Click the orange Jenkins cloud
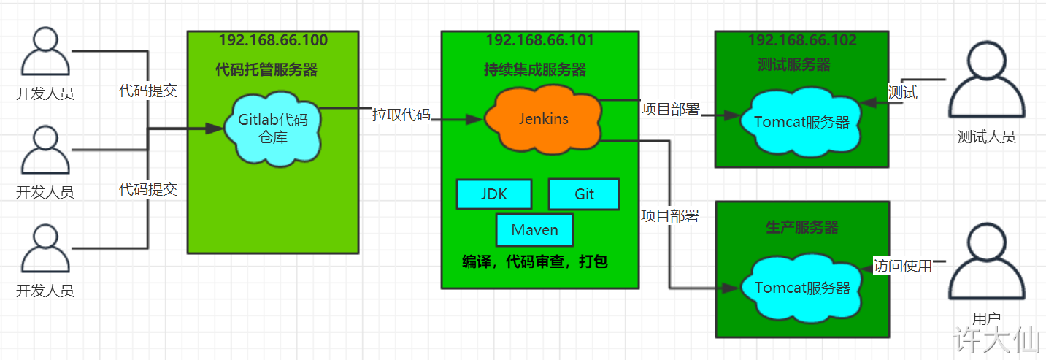544,119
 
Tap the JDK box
494,194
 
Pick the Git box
584,194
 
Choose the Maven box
534,230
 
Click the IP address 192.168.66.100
273,40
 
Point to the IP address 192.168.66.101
539,40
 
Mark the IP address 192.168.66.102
802,40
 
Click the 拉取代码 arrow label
401,115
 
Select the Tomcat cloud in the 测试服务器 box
802,122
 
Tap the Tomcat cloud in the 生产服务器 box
802,288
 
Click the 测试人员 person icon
986,84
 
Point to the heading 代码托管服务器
266,70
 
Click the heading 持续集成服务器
535,70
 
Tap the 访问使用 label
903,267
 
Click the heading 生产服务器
802,228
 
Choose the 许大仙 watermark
999,340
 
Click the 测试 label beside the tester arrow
902,93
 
